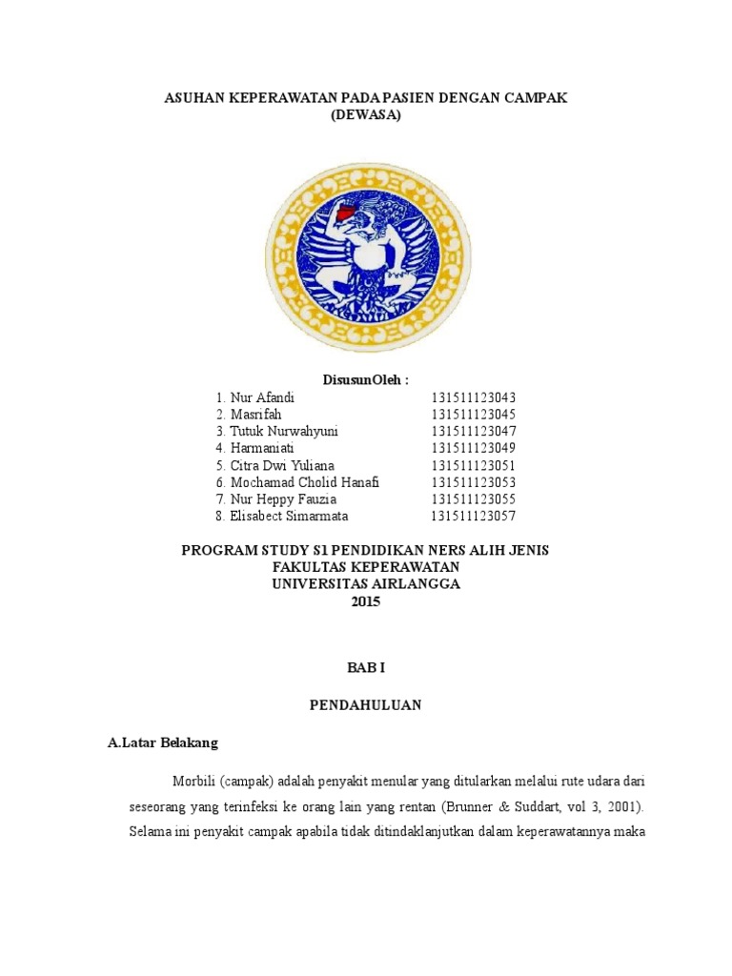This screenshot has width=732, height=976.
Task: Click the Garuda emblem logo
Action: click(366, 253)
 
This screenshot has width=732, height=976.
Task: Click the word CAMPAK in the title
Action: click(536, 99)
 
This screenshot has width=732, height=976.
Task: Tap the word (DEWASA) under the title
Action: click(366, 115)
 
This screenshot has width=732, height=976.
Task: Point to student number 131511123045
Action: click(473, 414)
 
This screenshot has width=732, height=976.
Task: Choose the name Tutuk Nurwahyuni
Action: click(284, 431)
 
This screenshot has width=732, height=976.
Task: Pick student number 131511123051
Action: click(473, 465)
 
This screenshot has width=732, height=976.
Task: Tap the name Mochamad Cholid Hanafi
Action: click(304, 482)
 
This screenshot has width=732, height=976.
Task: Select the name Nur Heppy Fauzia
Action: click(283, 498)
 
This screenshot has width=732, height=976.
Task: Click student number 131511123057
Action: click(473, 516)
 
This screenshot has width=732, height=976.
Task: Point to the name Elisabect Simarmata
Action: click(289, 516)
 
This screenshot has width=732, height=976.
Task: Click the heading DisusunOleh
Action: click(365, 379)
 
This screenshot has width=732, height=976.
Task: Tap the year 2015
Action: click(365, 601)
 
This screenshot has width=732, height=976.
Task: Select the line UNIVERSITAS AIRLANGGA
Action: click(365, 584)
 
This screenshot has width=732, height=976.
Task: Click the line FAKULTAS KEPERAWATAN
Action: click(365, 567)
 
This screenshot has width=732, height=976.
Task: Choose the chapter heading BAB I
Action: click(365, 670)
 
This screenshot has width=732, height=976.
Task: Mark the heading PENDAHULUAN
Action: click(365, 705)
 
